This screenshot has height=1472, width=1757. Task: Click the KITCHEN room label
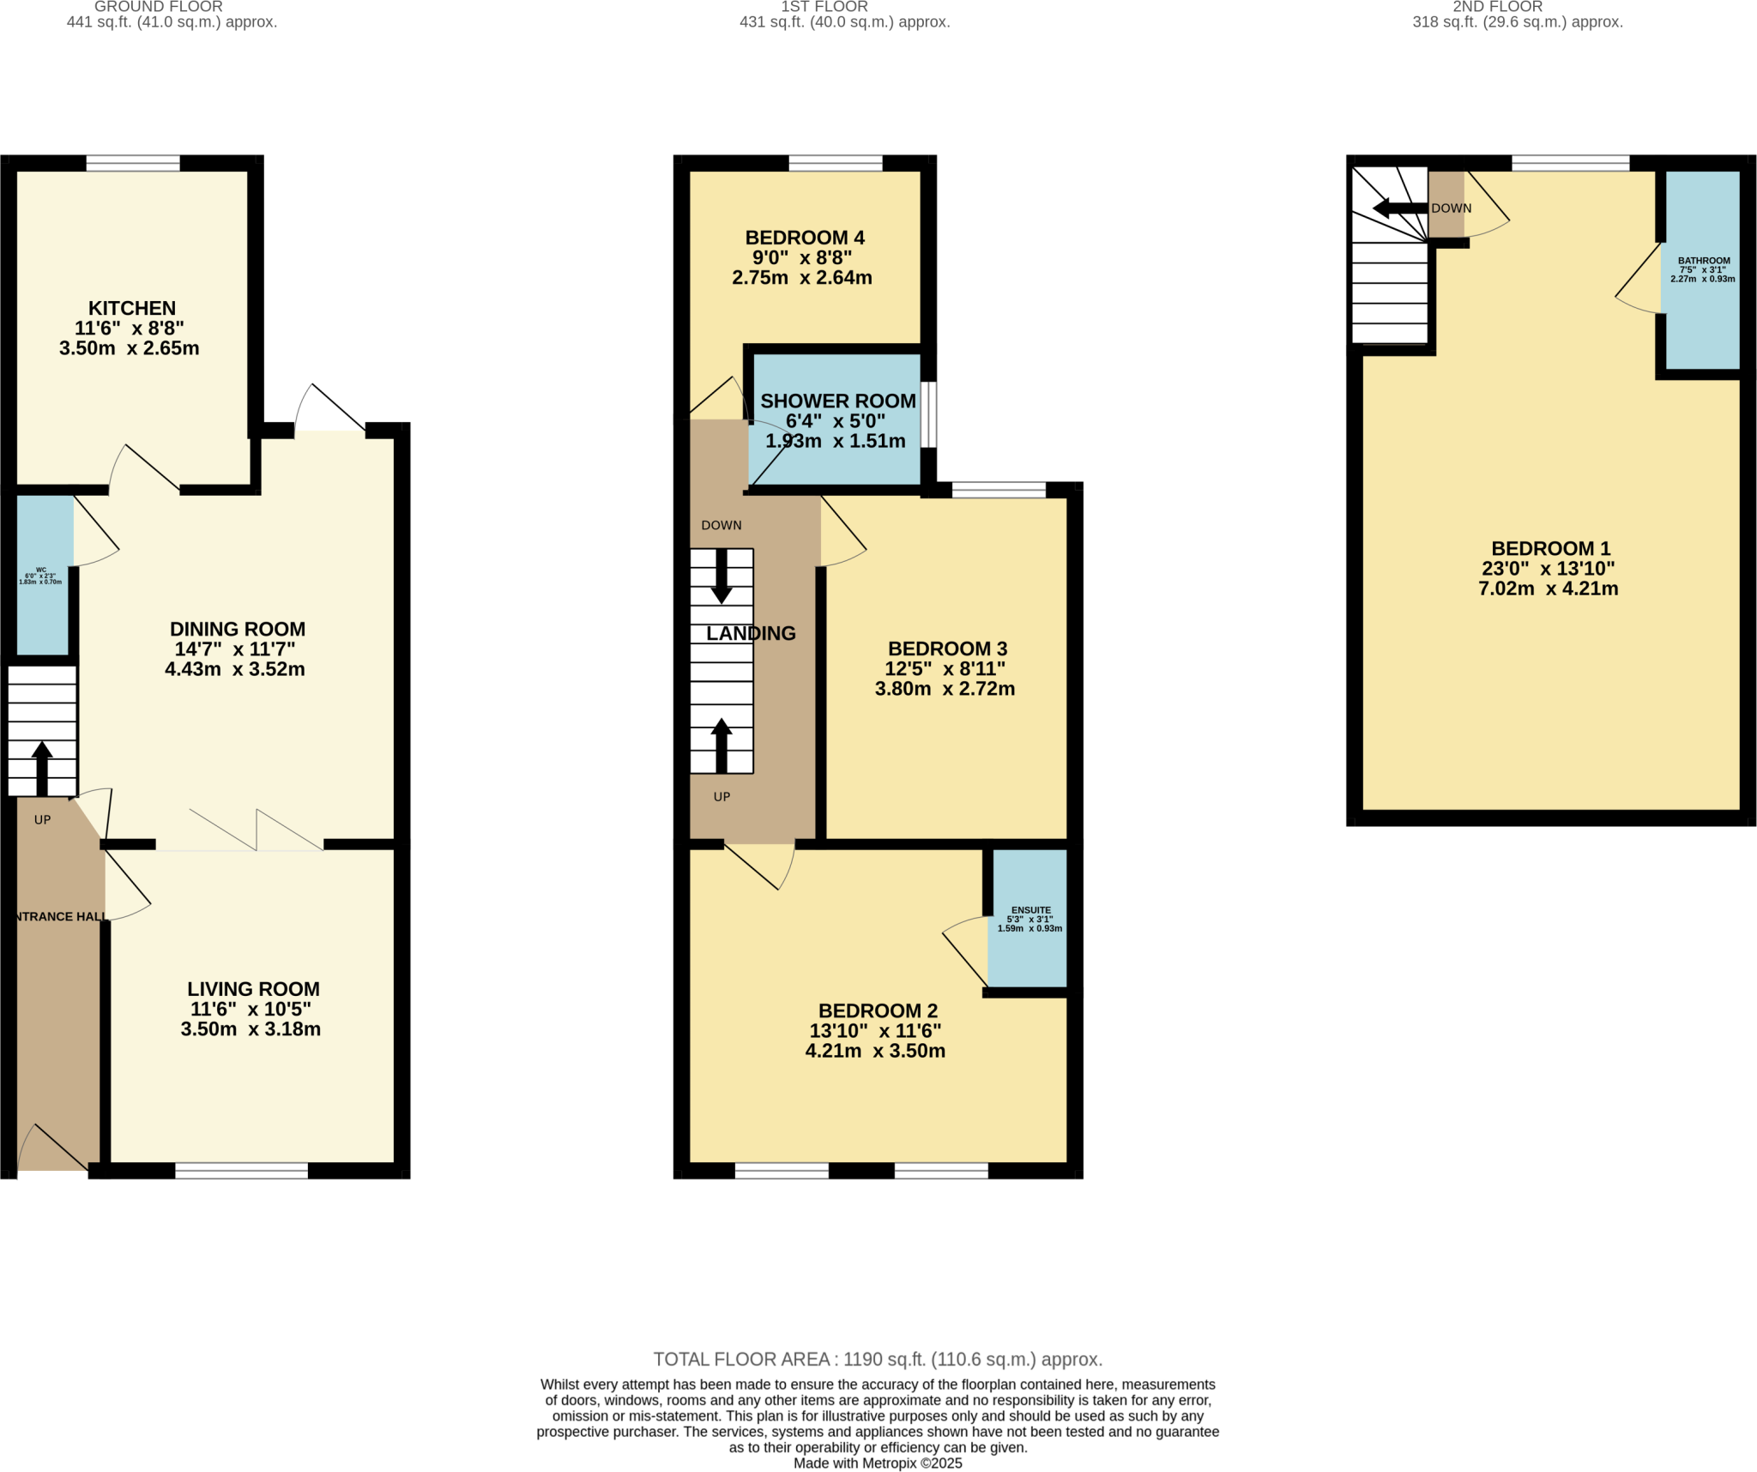(131, 308)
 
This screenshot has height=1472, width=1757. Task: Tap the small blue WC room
(43, 575)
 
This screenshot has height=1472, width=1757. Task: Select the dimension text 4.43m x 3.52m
(234, 669)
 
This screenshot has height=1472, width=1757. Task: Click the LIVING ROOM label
(253, 989)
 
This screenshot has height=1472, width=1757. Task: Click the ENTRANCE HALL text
(60, 916)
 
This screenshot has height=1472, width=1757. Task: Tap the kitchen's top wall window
(133, 163)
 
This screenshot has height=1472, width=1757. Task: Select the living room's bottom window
(241, 1170)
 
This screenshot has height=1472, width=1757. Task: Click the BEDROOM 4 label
(804, 238)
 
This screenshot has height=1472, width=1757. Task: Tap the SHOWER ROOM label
(837, 401)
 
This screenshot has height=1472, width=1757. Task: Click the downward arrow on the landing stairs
(722, 576)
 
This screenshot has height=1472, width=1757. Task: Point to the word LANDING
(751, 633)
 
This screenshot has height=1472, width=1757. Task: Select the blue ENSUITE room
(1028, 918)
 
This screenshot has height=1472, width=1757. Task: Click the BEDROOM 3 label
(946, 649)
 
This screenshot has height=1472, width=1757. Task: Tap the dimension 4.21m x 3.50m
(874, 1051)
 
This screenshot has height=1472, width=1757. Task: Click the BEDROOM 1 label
(1550, 548)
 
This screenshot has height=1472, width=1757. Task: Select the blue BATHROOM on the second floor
(1701, 270)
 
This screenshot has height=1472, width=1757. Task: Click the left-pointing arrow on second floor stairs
(1398, 208)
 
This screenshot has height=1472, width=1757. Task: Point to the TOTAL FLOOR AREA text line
(878, 1359)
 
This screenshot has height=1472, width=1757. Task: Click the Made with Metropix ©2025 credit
(878, 1463)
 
